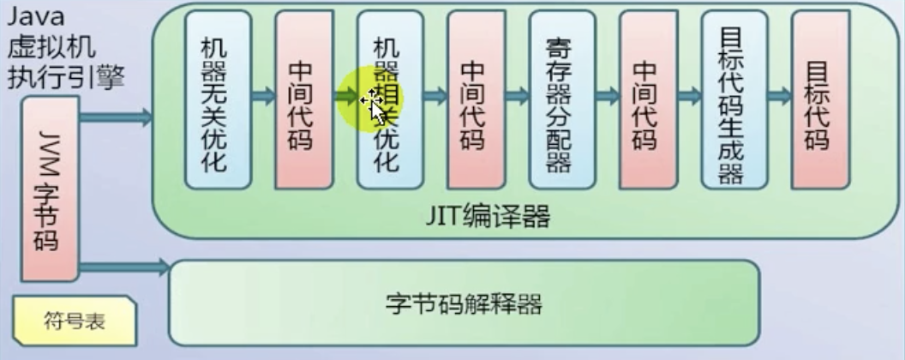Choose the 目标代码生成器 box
(x=731, y=99)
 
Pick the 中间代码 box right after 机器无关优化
(x=303, y=99)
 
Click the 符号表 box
(x=74, y=321)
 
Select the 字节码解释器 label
(x=464, y=303)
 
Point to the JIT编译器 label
(x=488, y=217)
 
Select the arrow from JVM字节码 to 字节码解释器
(x=124, y=267)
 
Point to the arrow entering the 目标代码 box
(x=778, y=96)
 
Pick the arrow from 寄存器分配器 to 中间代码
(x=607, y=96)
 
